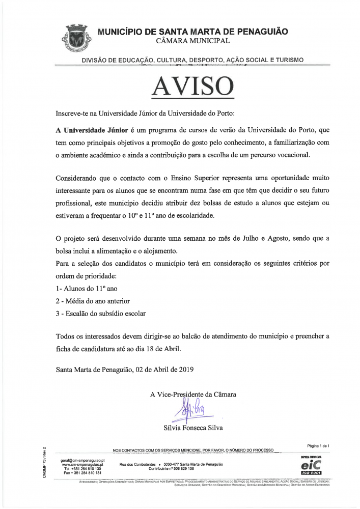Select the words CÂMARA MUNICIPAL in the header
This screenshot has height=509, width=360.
(x=193, y=40)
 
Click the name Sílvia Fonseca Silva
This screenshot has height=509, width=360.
(x=193, y=428)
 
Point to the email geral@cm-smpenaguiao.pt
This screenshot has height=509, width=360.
(x=82, y=460)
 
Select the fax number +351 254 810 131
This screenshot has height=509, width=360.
(x=82, y=473)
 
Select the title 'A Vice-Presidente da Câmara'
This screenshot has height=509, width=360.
(x=193, y=394)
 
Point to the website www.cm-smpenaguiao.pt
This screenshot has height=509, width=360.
(x=82, y=464)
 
